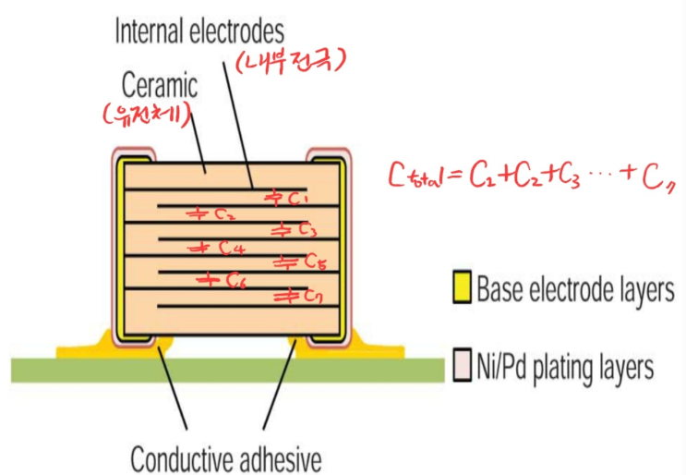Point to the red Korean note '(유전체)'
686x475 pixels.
147,118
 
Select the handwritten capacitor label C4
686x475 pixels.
219,248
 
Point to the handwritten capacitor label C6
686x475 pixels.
221,279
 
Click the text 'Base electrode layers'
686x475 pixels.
574,290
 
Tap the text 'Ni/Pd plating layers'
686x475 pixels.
565,367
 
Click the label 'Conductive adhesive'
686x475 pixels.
226,457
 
